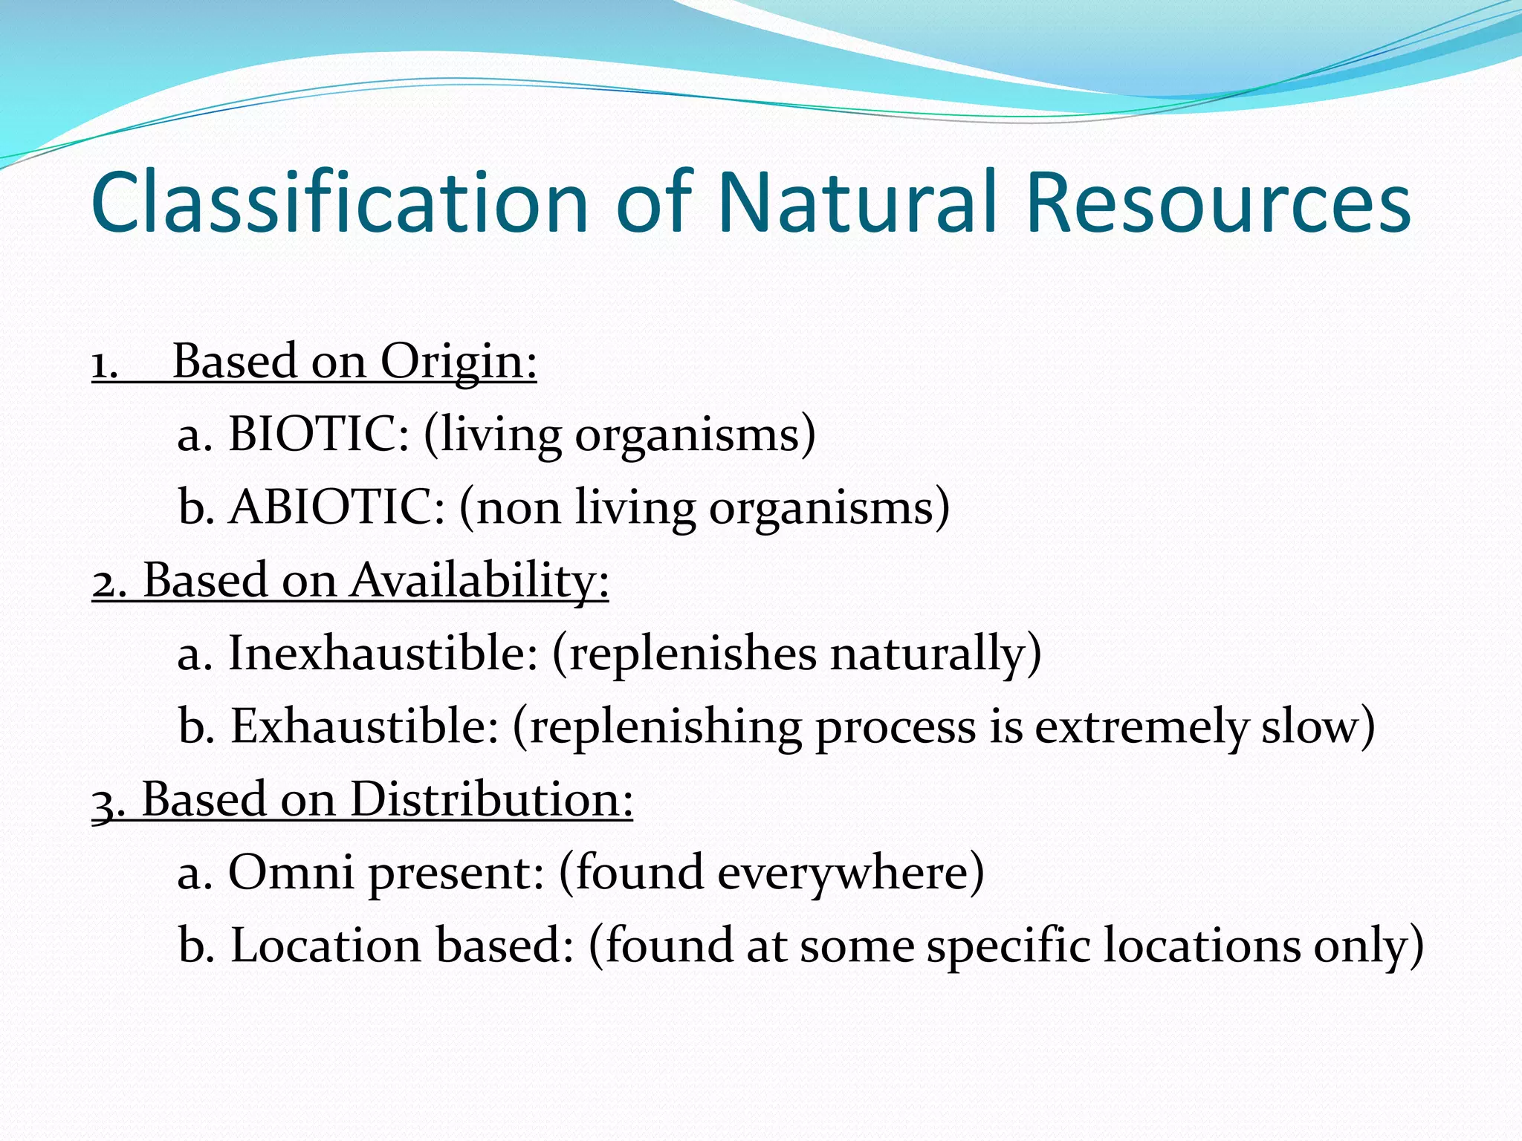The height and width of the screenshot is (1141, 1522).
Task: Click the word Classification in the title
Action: pos(339,202)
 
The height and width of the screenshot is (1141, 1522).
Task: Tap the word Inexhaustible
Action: pos(382,653)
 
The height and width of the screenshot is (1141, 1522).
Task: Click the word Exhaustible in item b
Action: pos(364,726)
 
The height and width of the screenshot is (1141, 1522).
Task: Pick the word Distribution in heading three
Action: pos(490,799)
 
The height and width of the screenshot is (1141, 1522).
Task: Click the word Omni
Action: pos(291,872)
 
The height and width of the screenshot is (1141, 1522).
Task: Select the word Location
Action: pos(326,945)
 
